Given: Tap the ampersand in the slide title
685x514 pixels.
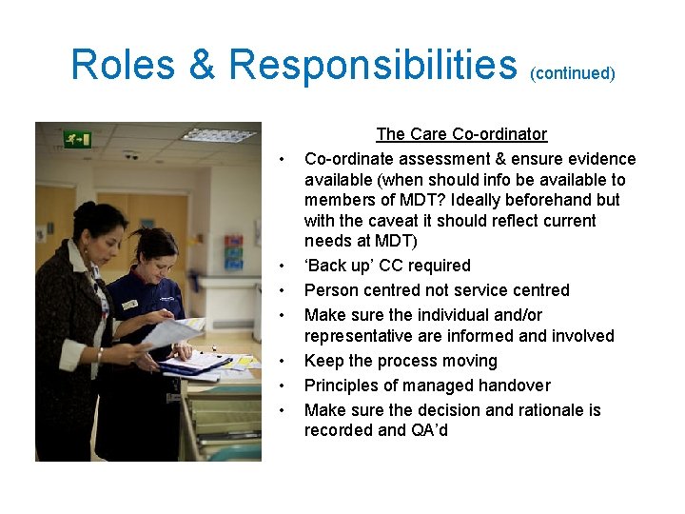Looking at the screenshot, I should (x=203, y=65).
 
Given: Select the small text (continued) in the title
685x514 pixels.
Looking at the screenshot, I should (x=573, y=72).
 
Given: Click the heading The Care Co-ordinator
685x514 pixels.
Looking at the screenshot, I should (x=461, y=134).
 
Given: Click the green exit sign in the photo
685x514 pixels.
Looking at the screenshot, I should (x=77, y=139).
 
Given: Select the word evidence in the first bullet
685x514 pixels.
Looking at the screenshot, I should (x=602, y=159).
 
